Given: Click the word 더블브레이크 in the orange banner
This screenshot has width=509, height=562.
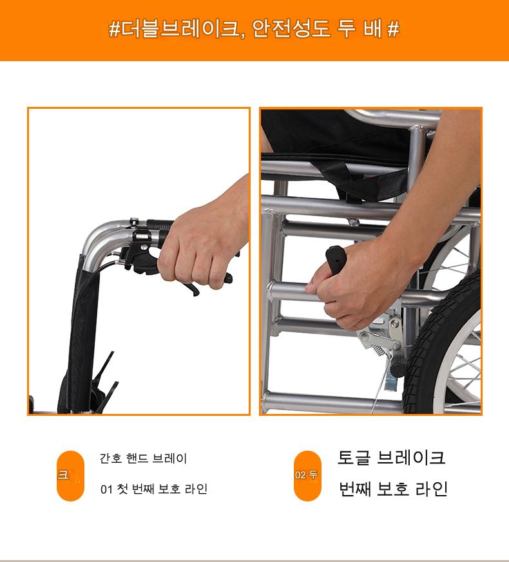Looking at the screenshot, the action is [180, 29].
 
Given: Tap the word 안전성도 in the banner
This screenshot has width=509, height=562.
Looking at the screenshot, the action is [291, 29].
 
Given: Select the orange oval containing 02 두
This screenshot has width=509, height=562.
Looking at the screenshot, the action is [307, 476].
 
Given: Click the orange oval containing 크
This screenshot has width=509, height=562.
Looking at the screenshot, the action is [70, 476].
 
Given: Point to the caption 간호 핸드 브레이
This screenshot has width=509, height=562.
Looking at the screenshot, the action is [143, 458].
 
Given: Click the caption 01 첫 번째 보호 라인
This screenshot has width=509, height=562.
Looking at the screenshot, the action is [154, 489].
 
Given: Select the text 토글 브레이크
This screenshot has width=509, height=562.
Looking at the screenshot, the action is [391, 457].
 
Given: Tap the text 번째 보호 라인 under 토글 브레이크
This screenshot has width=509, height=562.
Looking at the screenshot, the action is [393, 489].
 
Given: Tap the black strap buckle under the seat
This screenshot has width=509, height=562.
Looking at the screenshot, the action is [353, 197].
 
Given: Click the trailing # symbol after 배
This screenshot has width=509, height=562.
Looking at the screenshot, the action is [393, 29].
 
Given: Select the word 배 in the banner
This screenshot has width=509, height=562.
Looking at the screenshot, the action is [372, 29].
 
